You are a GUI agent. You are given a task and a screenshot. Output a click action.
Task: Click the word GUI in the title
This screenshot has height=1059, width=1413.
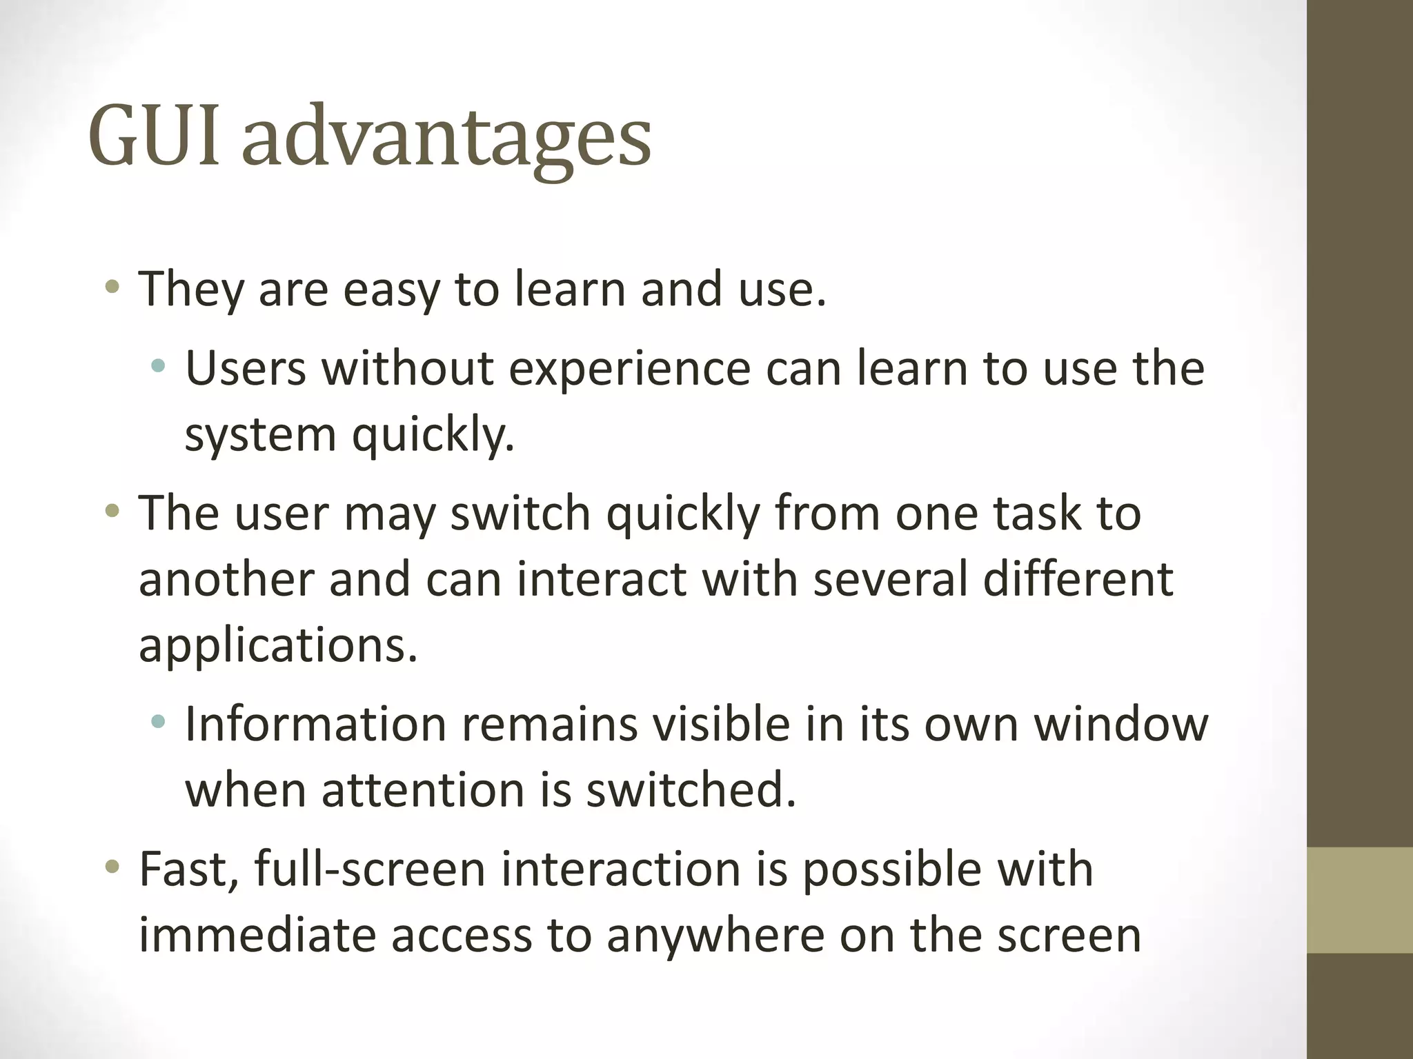(155, 136)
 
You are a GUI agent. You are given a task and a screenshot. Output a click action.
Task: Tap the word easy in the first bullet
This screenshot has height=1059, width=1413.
(391, 290)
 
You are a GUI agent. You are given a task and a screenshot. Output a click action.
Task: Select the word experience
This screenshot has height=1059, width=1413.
(629, 370)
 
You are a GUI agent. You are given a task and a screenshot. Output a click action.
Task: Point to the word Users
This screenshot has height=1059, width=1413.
(245, 368)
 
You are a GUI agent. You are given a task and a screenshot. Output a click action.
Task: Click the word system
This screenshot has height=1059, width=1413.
(260, 436)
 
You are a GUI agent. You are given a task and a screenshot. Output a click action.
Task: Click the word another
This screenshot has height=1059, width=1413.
(226, 579)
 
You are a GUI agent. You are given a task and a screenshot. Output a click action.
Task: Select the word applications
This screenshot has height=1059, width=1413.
(278, 647)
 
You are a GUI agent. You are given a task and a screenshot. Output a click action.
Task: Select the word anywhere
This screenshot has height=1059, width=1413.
(715, 936)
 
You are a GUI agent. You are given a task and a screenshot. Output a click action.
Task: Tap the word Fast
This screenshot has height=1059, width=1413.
(188, 869)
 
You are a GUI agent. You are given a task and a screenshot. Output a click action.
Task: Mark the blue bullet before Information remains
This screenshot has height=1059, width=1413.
(158, 722)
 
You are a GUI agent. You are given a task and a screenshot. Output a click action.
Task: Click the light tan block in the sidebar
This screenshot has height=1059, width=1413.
(1359, 900)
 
